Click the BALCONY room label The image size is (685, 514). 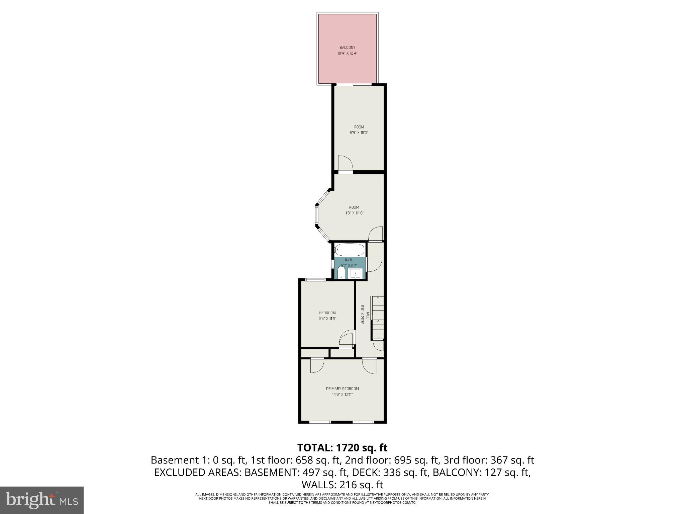[348, 48]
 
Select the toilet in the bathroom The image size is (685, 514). [341, 273]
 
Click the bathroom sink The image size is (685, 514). [356, 273]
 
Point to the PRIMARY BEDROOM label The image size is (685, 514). [342, 389]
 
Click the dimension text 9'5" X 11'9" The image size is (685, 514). [327, 319]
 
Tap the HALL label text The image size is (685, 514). [368, 315]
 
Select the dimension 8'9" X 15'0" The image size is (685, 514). [359, 133]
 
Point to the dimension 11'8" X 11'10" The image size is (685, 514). [354, 213]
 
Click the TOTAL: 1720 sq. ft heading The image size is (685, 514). [342, 447]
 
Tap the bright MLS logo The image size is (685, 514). [42, 500]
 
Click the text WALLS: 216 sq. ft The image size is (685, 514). [342, 484]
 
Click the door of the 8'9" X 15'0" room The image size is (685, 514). [345, 164]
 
